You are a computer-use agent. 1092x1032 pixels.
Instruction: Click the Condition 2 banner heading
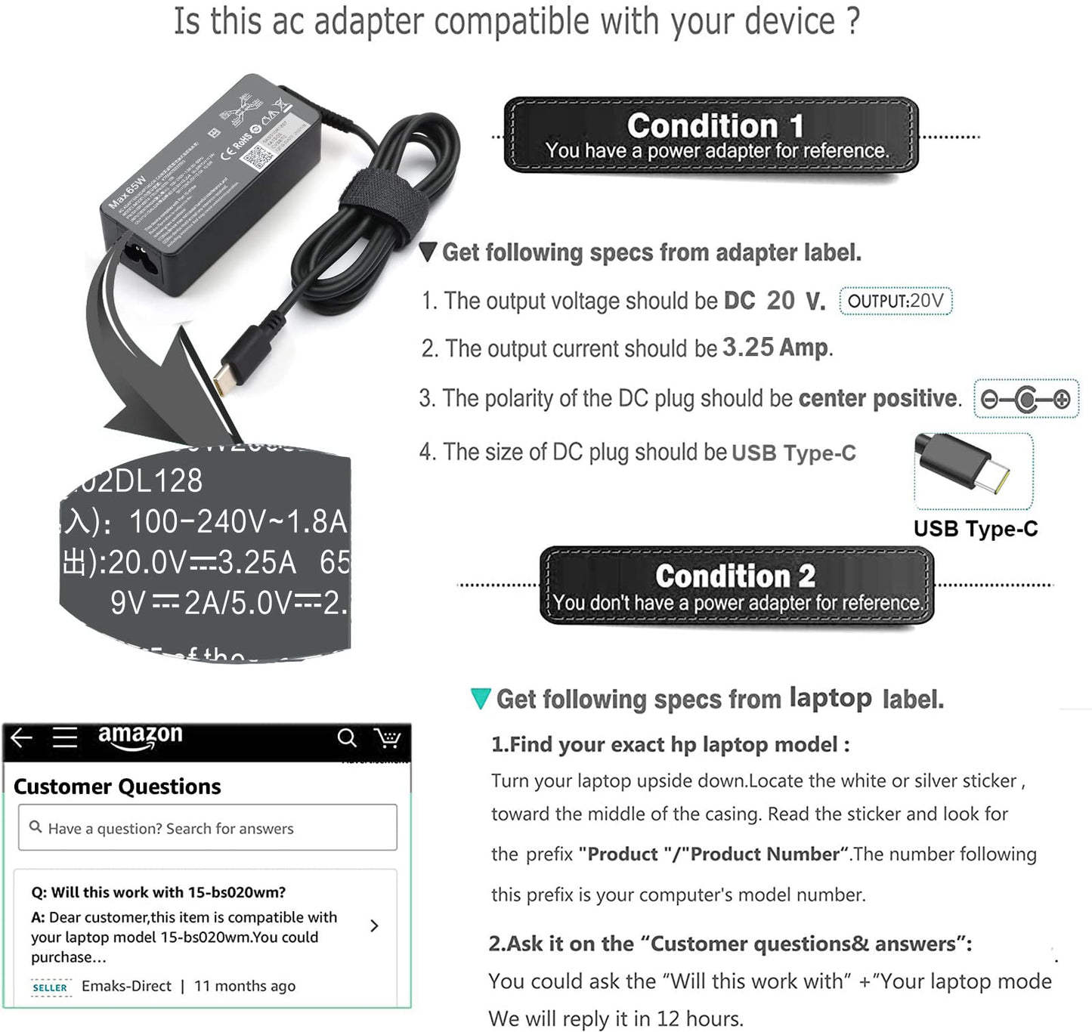(x=735, y=576)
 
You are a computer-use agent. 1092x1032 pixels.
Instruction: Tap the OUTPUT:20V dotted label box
(x=896, y=301)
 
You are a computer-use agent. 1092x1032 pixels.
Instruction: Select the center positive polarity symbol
(x=1025, y=399)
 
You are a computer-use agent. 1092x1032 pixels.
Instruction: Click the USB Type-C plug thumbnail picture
(x=973, y=470)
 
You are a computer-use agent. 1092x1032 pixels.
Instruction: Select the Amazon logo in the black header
(x=140, y=737)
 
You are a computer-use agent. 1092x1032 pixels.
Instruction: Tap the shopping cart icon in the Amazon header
(x=388, y=737)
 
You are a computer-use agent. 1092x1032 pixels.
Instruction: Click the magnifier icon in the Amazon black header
(x=347, y=737)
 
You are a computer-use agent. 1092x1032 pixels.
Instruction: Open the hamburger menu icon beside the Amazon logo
(x=65, y=737)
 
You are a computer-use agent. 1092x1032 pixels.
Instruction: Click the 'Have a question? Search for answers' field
(x=207, y=828)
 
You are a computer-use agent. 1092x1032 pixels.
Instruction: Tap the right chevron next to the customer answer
(x=374, y=925)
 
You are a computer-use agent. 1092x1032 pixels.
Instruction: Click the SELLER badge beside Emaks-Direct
(x=50, y=987)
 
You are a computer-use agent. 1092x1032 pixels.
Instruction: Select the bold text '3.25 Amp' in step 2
(x=775, y=348)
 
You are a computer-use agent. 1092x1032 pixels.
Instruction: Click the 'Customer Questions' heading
(x=117, y=786)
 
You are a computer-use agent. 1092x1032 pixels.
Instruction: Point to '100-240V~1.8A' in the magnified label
(x=237, y=521)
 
